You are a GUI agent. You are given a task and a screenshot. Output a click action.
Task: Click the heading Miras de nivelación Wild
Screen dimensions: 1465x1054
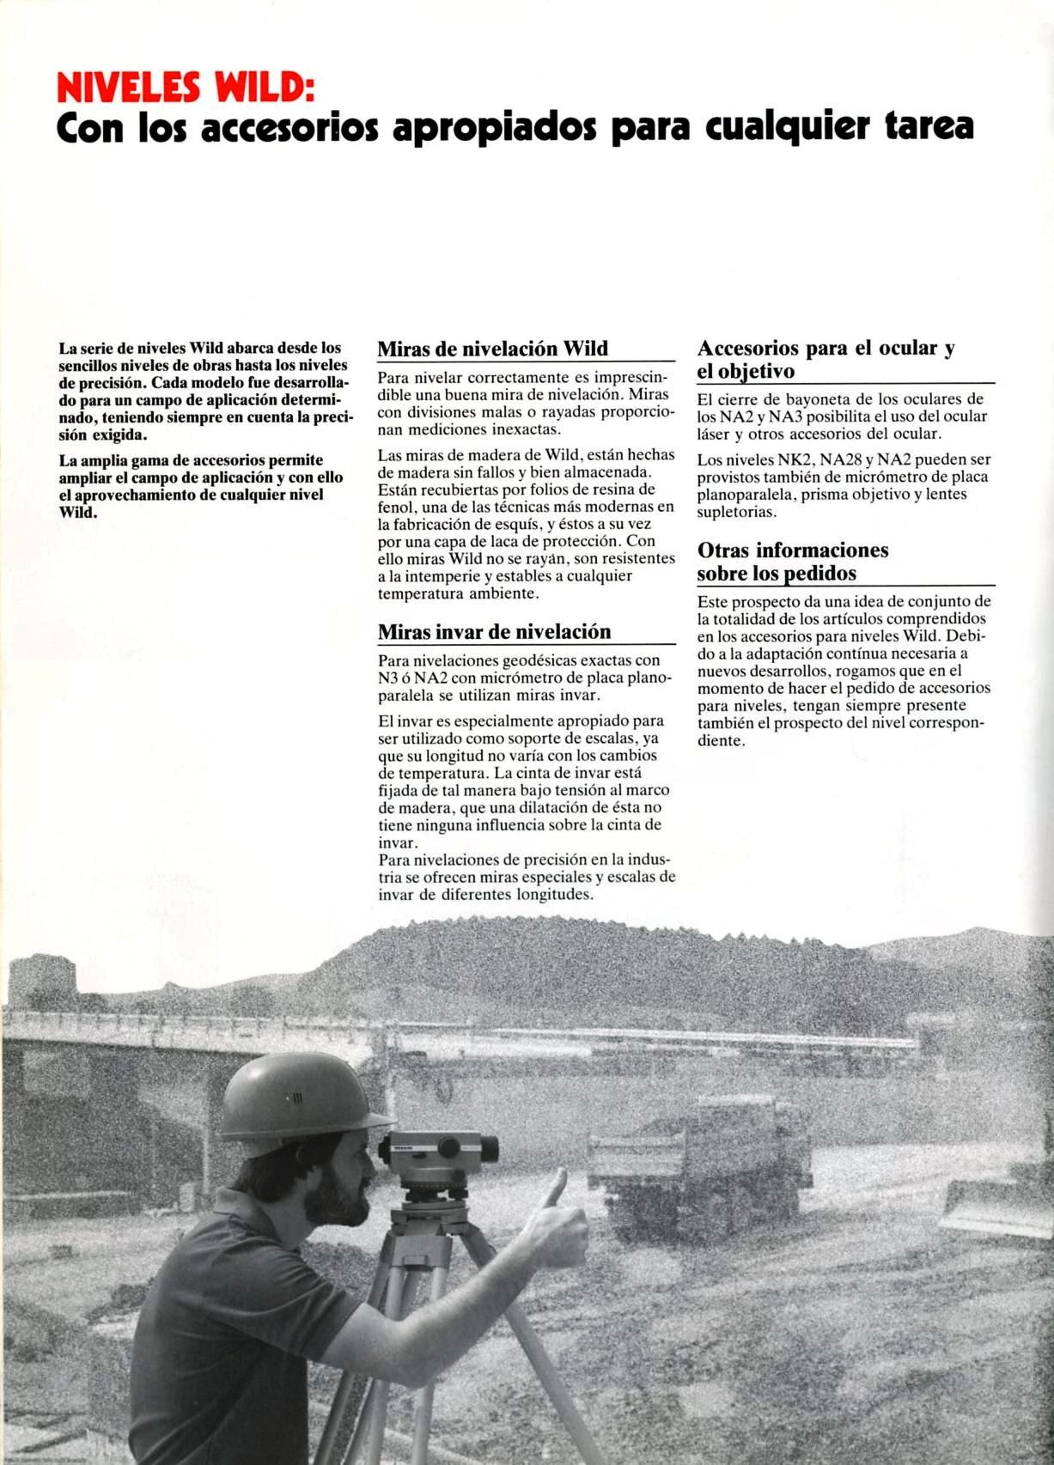point(492,349)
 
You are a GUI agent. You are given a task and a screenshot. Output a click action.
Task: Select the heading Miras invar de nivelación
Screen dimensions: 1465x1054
point(494,632)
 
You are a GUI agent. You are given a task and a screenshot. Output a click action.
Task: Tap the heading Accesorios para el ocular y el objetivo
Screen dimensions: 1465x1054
point(826,360)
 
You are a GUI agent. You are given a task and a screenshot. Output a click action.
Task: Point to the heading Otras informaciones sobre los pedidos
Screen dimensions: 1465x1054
point(792,562)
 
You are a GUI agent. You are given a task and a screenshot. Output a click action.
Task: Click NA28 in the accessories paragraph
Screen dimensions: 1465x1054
point(841,460)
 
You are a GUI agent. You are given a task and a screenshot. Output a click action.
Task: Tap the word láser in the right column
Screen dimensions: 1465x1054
point(713,434)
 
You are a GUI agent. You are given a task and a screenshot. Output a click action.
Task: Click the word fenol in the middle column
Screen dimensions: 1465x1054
point(396,508)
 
